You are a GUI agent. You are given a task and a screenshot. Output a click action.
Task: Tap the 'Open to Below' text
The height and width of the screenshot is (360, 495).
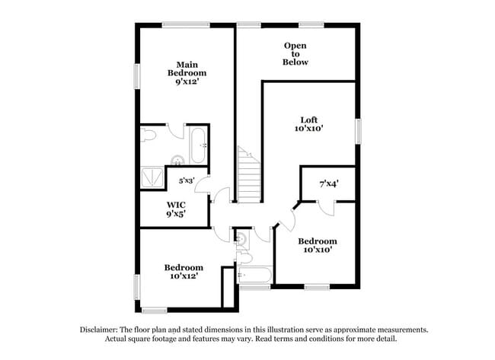[x=295, y=54]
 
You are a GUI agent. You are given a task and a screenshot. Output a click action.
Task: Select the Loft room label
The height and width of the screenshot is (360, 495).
[x=308, y=124]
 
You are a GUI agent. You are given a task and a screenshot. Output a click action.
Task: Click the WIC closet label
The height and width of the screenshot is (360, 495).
[x=177, y=209]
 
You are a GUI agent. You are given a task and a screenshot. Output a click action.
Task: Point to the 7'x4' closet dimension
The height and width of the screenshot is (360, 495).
[x=327, y=183]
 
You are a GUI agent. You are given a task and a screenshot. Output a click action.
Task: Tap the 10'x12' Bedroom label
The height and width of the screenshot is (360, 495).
[x=184, y=272]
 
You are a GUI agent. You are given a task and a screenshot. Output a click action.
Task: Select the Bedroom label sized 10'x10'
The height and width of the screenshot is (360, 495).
[x=317, y=246]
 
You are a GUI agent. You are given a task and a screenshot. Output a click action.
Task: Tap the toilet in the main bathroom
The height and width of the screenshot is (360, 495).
[x=149, y=135]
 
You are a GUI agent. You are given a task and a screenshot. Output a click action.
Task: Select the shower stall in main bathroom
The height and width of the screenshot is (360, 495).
[x=152, y=177]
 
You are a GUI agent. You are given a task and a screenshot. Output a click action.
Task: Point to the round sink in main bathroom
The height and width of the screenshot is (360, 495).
[x=177, y=160]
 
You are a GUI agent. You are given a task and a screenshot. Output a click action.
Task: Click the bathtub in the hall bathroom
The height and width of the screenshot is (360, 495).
[x=254, y=274]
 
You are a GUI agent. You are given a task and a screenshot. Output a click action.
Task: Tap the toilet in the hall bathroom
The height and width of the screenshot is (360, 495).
[x=244, y=257]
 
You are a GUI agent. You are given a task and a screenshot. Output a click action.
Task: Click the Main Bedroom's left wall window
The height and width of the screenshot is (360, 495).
[x=138, y=76]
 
